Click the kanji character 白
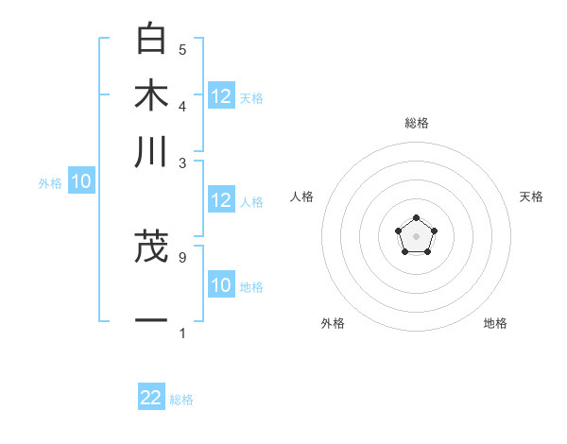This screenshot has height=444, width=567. click(x=151, y=40)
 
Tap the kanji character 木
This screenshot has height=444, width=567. click(x=151, y=96)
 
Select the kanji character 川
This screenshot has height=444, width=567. click(x=151, y=153)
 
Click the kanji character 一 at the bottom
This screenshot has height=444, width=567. click(x=151, y=320)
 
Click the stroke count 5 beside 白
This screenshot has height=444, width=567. click(x=182, y=49)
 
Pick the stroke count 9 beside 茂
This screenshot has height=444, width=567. click(x=182, y=256)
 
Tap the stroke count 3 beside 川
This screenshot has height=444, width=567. click(x=182, y=162)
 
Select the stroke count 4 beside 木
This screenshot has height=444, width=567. click(x=182, y=105)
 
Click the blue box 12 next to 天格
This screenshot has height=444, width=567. click(x=221, y=96)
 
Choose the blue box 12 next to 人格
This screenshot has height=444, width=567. click(x=221, y=200)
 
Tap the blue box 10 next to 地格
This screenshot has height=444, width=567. click(x=221, y=285)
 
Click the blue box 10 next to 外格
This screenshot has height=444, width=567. click(x=81, y=182)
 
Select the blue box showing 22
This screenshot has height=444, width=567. click(x=151, y=398)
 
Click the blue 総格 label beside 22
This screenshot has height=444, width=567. click(x=181, y=400)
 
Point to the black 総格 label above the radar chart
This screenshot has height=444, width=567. click(x=416, y=123)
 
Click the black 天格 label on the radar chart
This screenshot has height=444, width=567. click(x=531, y=196)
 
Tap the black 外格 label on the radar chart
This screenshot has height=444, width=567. click(x=333, y=323)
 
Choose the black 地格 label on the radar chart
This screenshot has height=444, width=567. click(x=495, y=323)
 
